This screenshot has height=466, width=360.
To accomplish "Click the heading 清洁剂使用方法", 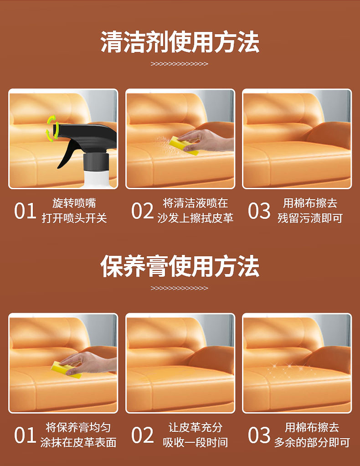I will pyautogui.click(x=180, y=42).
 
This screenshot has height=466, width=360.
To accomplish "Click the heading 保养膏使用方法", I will pyautogui.click(x=180, y=266).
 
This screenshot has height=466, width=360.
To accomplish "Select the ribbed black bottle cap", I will pyautogui.click(x=96, y=161).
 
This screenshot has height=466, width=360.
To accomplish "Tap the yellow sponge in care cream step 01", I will pyautogui.click(x=67, y=369).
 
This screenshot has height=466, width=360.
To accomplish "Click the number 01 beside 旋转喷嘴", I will pyautogui.click(x=25, y=211).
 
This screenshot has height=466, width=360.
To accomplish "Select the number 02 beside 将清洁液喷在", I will pyautogui.click(x=142, y=211).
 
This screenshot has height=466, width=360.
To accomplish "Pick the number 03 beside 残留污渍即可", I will pyautogui.click(x=259, y=211).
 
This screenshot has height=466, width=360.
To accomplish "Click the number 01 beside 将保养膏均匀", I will pyautogui.click(x=25, y=435).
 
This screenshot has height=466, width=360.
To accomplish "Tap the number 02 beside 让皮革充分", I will pyautogui.click(x=142, y=435).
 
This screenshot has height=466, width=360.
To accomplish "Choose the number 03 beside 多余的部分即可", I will pyautogui.click(x=259, y=435).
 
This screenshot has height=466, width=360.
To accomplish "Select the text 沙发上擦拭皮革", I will pyautogui.click(x=195, y=218).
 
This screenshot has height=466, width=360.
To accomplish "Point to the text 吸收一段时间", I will pyautogui.click(x=195, y=443).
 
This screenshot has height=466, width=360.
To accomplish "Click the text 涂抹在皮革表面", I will pyautogui.click(x=78, y=443).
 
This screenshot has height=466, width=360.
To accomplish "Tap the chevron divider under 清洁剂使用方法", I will pyautogui.click(x=180, y=64).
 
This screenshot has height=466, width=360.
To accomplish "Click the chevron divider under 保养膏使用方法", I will pyautogui.click(x=180, y=288).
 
